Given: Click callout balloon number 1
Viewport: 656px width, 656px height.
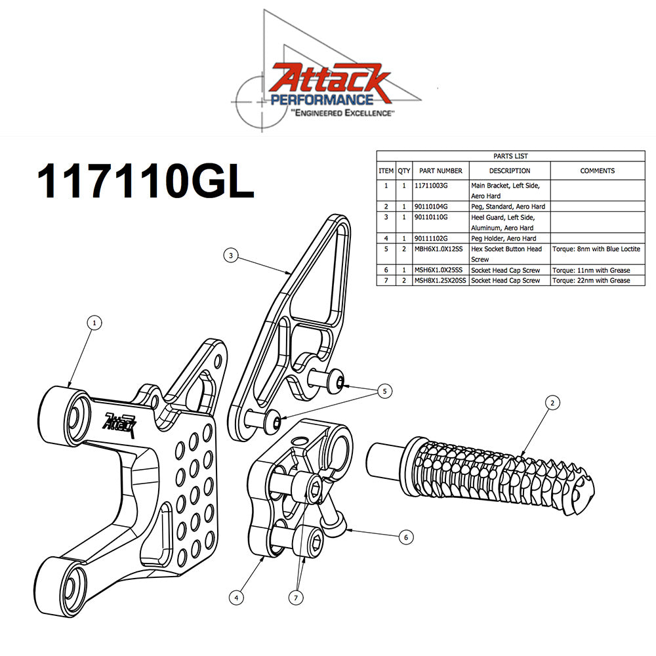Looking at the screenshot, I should point(95,323).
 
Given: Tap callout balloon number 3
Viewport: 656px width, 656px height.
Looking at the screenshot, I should point(230,256).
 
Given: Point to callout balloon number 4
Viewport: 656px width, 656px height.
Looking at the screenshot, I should point(236,597).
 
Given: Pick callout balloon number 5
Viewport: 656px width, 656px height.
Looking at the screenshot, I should point(386,391).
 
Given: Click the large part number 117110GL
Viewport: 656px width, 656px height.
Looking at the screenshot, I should point(145,181).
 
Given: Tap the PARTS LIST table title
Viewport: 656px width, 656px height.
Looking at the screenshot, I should point(510,156).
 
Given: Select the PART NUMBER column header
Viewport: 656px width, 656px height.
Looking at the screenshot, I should point(441,171).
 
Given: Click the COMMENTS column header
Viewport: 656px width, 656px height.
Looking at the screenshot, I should point(597,171).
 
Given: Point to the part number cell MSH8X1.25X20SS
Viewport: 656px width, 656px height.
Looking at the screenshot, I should point(440,280).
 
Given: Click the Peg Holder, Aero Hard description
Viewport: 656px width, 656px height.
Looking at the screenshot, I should point(503,238).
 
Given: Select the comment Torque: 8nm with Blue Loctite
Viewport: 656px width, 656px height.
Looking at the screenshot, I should point(596,249).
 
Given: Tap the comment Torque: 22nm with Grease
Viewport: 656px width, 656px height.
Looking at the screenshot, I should point(590,280).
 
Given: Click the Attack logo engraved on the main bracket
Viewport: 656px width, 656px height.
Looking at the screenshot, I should point(120,420).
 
